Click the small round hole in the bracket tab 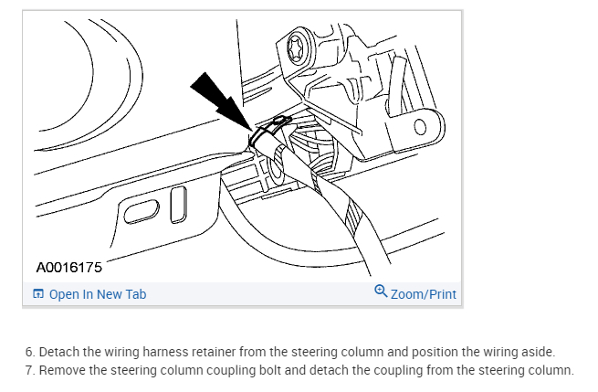click(x=420, y=127)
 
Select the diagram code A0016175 click(x=69, y=269)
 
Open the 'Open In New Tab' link click(x=98, y=294)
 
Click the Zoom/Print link click(x=423, y=294)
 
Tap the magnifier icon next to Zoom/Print click(x=381, y=292)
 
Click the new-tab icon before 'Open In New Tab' click(x=38, y=294)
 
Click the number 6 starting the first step click(x=28, y=352)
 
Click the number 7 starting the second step click(x=28, y=370)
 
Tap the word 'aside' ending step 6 click(x=537, y=352)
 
